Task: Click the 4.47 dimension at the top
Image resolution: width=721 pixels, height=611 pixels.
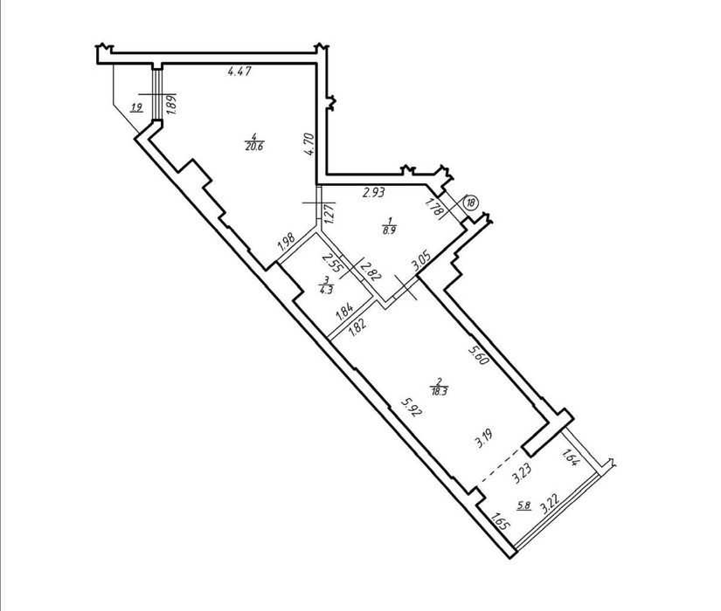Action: [x=239, y=72]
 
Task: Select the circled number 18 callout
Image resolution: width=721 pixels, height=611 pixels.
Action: [x=471, y=203]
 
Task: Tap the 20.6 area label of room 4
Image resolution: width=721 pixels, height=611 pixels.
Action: [x=253, y=147]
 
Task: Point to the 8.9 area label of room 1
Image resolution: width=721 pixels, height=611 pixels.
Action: [x=389, y=230]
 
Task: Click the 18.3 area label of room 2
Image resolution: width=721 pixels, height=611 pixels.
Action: [x=440, y=391]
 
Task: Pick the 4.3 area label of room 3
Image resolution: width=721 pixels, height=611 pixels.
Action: [x=326, y=290]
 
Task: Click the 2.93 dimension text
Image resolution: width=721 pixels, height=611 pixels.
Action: [x=373, y=193]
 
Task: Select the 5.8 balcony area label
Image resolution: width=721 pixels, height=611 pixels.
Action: [x=524, y=505]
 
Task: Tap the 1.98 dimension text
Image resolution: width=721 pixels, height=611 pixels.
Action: [x=286, y=243]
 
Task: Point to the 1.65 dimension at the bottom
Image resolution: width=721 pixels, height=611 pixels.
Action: [x=500, y=523]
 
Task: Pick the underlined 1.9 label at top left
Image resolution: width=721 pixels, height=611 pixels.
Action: [x=136, y=108]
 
